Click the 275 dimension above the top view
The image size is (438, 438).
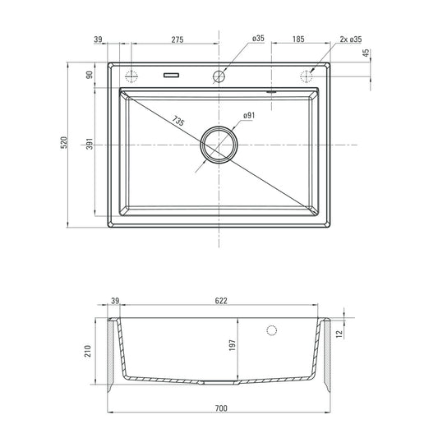[177, 39]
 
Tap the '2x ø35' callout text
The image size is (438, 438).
[352, 39]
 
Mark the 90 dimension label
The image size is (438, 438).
[88, 76]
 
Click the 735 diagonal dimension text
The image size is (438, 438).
[178, 120]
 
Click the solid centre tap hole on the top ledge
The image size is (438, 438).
[219, 76]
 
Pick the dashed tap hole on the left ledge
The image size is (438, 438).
[133, 76]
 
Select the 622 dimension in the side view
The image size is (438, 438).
[221, 302]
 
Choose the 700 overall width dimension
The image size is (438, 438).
[221, 408]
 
